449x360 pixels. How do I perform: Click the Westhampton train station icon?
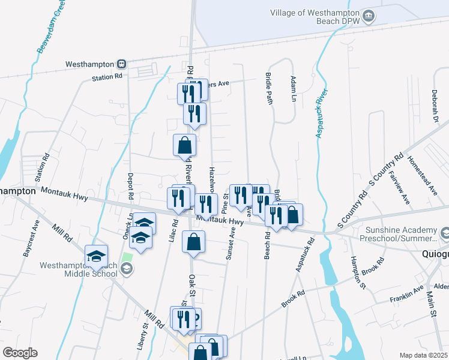coord(121,63)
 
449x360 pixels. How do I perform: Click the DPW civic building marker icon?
coord(369,16)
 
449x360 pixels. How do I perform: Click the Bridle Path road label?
coord(269,89)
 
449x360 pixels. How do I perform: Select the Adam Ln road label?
coord(294,88)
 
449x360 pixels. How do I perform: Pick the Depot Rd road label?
coord(130,186)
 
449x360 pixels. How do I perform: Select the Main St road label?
coord(431,302)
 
